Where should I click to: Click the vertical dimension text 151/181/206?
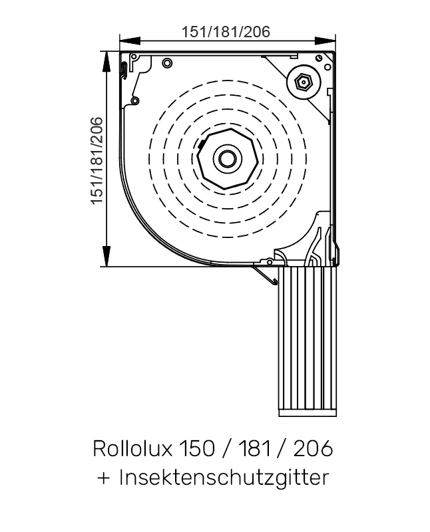pyautogui.click(x=97, y=160)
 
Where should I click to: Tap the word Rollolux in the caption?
pyautogui.click(x=131, y=448)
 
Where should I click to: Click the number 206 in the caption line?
pyautogui.click(x=312, y=448)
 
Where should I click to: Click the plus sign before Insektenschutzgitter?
pyautogui.click(x=103, y=478)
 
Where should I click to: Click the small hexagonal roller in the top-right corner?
pyautogui.click(x=303, y=83)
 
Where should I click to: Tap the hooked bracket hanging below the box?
pyautogui.click(x=266, y=275)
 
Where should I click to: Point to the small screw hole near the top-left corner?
pyautogui.click(x=166, y=63)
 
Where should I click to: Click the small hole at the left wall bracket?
pyautogui.click(x=136, y=100)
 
